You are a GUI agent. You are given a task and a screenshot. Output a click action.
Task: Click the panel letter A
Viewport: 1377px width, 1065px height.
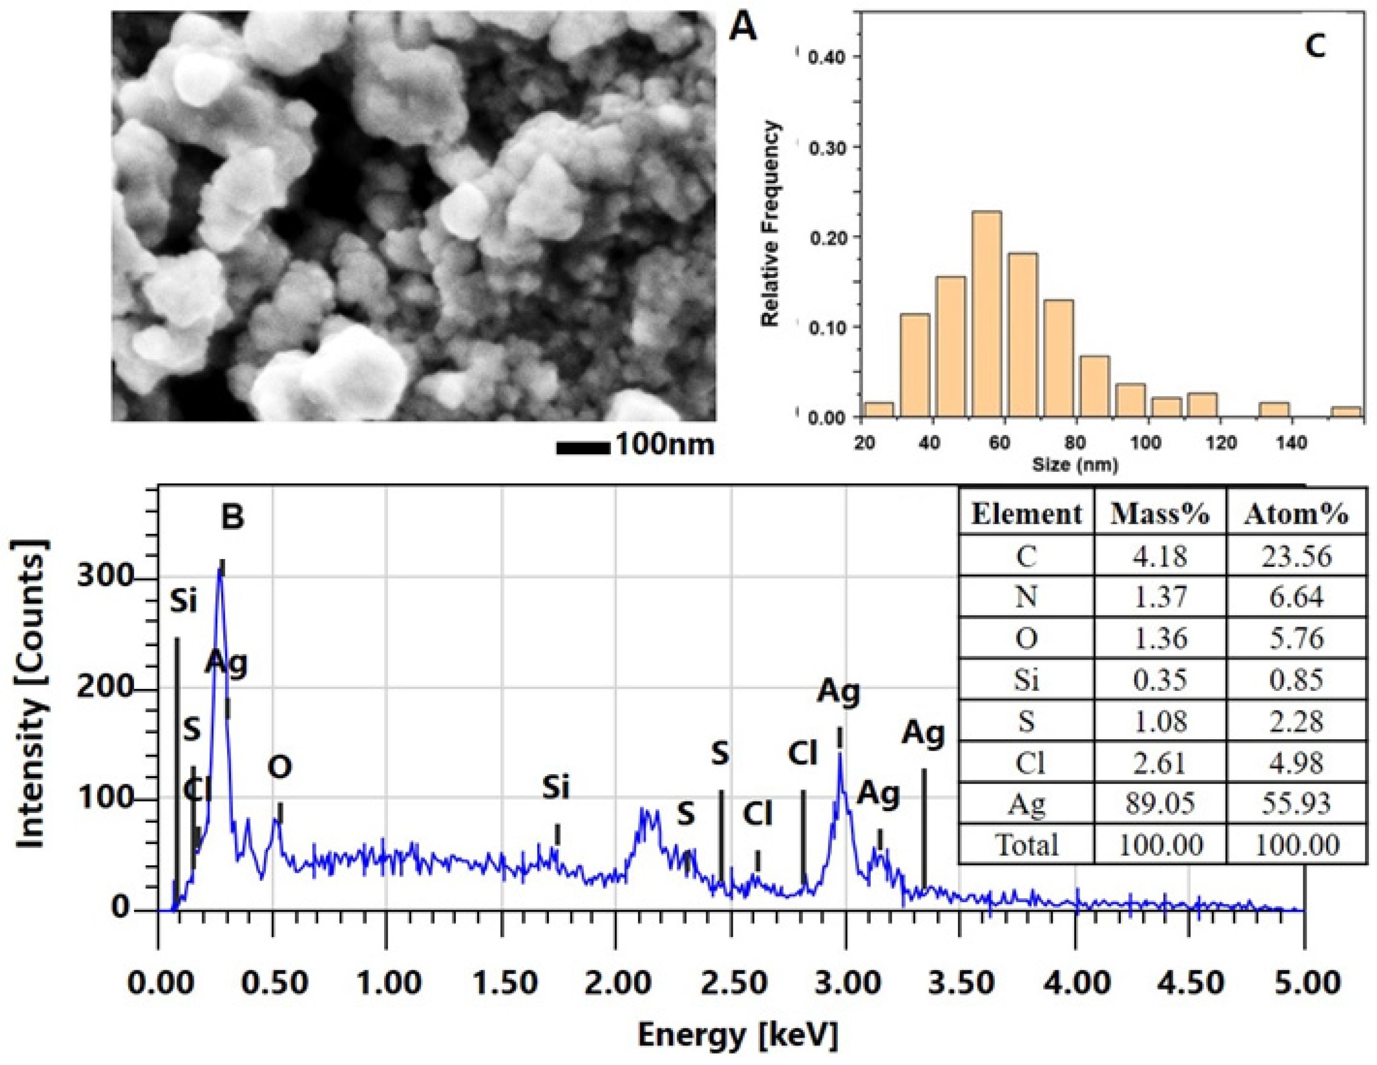point(742,28)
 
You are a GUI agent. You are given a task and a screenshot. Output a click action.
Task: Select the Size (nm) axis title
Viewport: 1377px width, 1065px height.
point(1074,465)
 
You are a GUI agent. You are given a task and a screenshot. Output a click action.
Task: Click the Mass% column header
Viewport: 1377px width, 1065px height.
point(1160,515)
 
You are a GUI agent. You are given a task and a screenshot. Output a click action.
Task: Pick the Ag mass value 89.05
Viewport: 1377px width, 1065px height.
point(1160,803)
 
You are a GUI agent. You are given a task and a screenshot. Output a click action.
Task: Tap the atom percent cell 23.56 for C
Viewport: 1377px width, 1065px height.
point(1296,556)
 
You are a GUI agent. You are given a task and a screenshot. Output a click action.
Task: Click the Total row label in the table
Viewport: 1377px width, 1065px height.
point(1026,844)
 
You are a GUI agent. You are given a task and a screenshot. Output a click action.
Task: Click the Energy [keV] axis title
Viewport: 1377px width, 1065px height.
point(738,1035)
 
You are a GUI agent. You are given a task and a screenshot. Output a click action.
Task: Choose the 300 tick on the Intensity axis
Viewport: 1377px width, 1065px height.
point(103,579)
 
